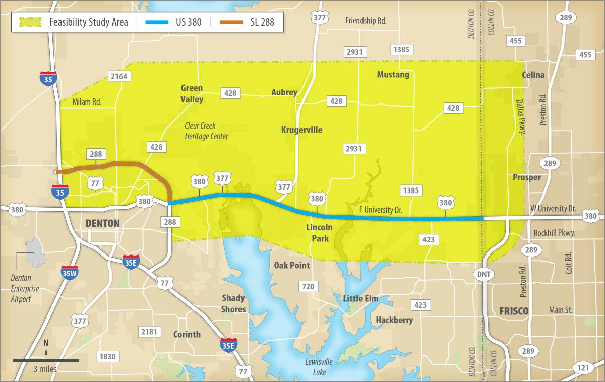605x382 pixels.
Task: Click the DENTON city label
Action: pyautogui.click(x=103, y=223)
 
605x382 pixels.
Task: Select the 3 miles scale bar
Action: pyautogui.click(x=46, y=360)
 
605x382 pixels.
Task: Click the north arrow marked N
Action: pyautogui.click(x=46, y=347)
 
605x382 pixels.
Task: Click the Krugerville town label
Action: pyautogui.click(x=301, y=130)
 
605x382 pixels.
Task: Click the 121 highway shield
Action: pyautogui.click(x=583, y=368)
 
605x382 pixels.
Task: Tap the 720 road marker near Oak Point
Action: pyautogui.click(x=308, y=287)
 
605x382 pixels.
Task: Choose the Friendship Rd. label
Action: pyautogui.click(x=366, y=21)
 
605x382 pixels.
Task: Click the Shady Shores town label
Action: pyautogui.click(x=233, y=304)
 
